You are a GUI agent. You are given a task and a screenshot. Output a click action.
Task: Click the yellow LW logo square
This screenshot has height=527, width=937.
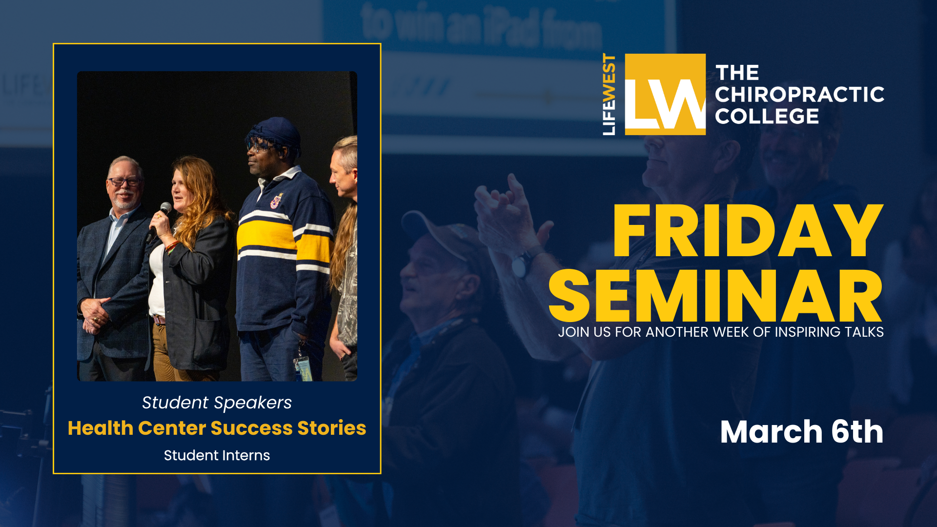point(665,94)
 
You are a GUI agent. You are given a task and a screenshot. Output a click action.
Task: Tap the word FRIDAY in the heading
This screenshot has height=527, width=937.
point(748,231)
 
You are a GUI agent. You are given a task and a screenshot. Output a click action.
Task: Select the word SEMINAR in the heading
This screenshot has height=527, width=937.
point(715,296)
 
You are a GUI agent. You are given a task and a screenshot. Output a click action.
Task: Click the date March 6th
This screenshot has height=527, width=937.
point(801,432)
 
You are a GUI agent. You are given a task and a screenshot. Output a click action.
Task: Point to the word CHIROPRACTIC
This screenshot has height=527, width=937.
point(799,95)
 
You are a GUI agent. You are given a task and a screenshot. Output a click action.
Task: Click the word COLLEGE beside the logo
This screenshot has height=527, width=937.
point(767,116)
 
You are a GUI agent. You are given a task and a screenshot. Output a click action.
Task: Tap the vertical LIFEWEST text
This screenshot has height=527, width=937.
point(609,94)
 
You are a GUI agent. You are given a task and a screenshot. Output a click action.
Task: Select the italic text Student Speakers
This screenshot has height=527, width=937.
point(217,403)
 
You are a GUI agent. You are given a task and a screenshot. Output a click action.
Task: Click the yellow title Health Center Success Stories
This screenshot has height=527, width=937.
point(217,428)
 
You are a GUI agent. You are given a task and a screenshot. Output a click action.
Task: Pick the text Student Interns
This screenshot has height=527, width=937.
point(217,455)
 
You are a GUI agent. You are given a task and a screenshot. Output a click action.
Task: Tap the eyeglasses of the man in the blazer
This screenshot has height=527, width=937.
point(124,182)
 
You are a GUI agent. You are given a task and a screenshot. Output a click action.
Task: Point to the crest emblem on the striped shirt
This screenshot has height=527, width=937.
point(277,201)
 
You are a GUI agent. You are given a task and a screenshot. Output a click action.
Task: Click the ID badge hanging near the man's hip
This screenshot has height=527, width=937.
point(303,367)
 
